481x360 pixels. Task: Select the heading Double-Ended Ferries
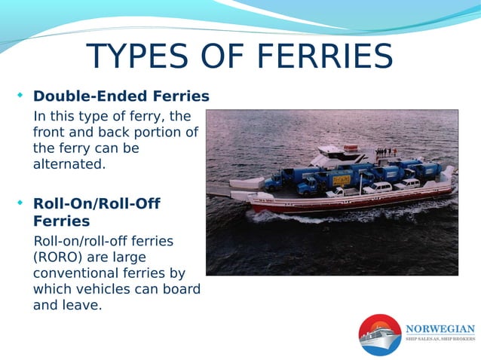click(x=121, y=96)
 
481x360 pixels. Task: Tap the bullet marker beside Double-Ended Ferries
click(x=20, y=96)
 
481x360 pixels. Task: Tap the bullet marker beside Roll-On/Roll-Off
click(x=20, y=203)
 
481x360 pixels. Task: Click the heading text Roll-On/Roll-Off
click(x=97, y=203)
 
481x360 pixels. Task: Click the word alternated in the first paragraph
click(x=69, y=164)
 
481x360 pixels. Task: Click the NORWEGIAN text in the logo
click(x=440, y=328)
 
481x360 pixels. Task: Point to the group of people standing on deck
click(x=386, y=152)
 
